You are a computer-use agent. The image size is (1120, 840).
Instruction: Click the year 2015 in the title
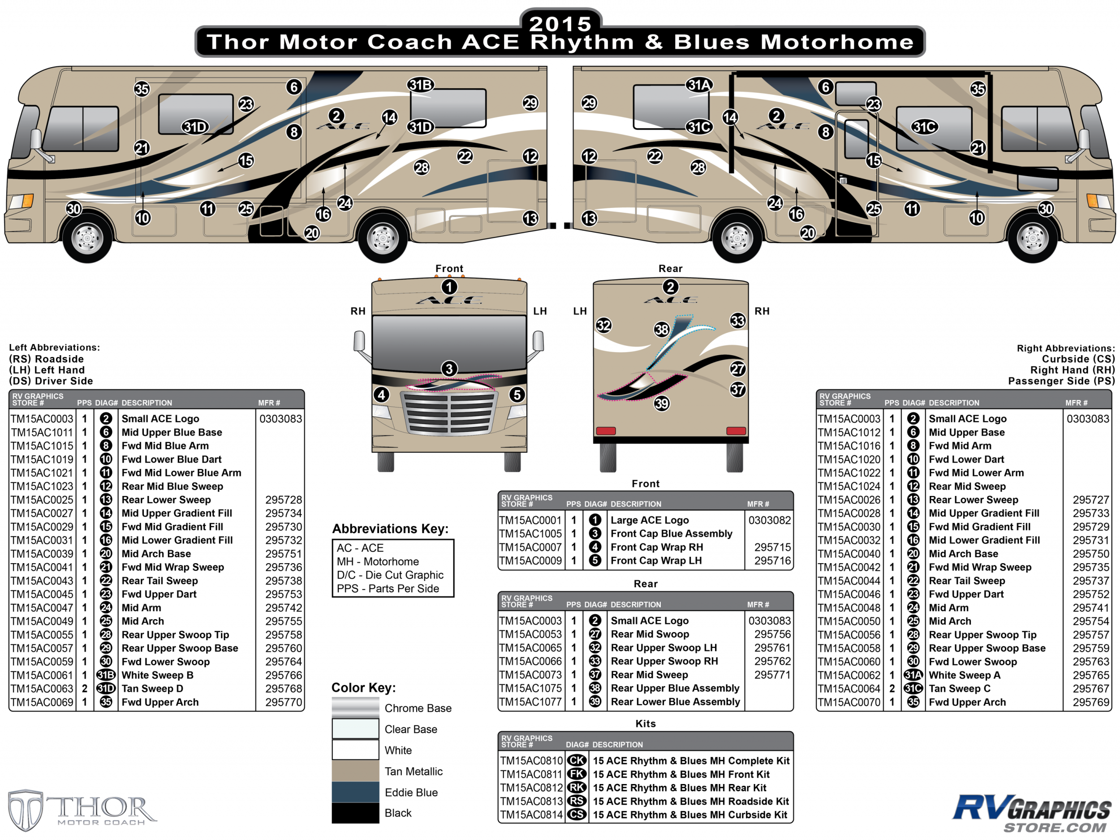(560, 24)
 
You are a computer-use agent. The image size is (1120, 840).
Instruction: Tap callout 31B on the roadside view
(421, 85)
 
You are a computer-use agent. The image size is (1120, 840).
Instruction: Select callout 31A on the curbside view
(699, 85)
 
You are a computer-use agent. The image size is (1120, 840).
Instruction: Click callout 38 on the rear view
(662, 330)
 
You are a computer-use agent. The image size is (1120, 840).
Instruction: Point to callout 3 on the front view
(449, 369)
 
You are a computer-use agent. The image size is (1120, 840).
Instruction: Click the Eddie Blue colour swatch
(355, 792)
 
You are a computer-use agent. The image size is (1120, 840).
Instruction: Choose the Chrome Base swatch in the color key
(355, 707)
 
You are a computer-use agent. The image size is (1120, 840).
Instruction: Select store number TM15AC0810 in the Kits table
(531, 761)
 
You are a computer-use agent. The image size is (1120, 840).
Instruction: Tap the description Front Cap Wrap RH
(657, 547)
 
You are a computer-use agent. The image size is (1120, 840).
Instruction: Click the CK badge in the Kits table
(577, 761)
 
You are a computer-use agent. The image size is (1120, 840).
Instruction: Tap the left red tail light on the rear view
(606, 431)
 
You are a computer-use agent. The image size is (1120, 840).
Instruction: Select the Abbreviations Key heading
(390, 529)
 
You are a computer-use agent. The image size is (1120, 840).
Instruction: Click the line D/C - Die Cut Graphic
(390, 575)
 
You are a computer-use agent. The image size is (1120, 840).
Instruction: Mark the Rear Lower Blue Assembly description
(676, 702)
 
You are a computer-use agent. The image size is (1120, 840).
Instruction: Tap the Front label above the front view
(449, 268)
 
